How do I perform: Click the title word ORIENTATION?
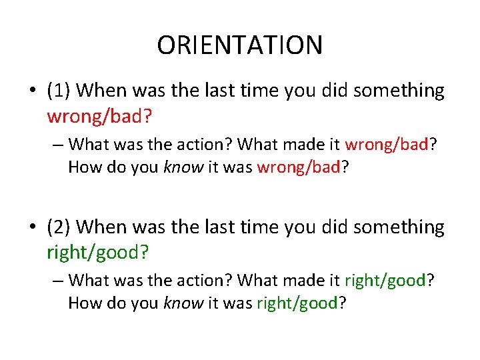(239, 45)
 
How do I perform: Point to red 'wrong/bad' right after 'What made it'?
(385, 144)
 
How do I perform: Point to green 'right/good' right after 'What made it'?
(385, 281)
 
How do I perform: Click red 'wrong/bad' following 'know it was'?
(298, 167)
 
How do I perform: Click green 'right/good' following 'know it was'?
(297, 303)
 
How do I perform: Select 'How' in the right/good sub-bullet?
(83, 303)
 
